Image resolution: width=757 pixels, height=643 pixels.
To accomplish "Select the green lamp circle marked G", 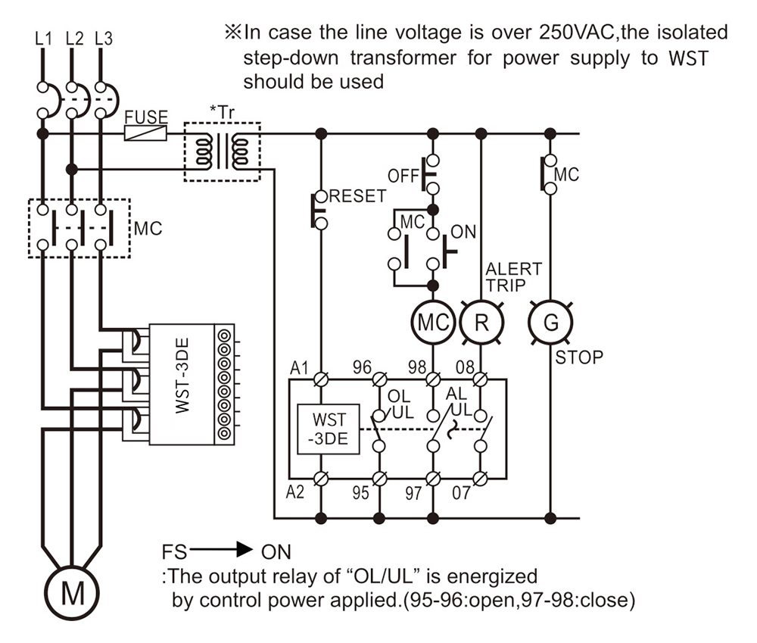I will click(551, 322).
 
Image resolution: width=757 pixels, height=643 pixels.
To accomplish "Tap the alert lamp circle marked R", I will click(481, 322).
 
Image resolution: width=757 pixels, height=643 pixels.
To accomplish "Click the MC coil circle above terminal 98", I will click(432, 322).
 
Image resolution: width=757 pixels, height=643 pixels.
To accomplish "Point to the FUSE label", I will click(146, 117).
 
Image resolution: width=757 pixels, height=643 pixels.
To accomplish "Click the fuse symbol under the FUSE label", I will click(145, 134).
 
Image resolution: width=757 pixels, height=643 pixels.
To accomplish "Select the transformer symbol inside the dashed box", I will click(223, 151).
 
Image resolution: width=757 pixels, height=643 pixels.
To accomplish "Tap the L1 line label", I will click(43, 37).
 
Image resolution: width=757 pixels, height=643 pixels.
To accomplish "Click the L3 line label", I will click(104, 37).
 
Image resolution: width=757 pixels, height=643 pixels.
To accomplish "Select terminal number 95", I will click(361, 492).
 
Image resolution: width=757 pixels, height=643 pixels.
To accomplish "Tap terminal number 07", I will click(460, 492).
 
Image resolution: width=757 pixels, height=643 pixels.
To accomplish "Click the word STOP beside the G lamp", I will click(579, 357).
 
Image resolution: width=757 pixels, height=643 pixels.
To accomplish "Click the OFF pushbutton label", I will click(403, 176).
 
